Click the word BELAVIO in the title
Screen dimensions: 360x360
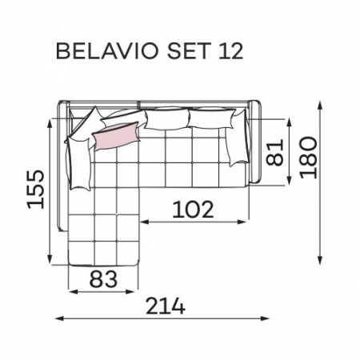(107, 51)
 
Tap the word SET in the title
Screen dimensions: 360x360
(187, 51)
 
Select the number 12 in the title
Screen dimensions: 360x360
(231, 51)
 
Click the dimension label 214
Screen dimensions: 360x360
(166, 306)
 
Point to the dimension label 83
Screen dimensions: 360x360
(103, 279)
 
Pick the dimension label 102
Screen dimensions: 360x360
(193, 210)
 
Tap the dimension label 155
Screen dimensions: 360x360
(36, 189)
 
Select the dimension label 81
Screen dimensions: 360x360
(274, 153)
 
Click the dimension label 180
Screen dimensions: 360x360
(309, 158)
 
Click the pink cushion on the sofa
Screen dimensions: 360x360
(116, 136)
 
